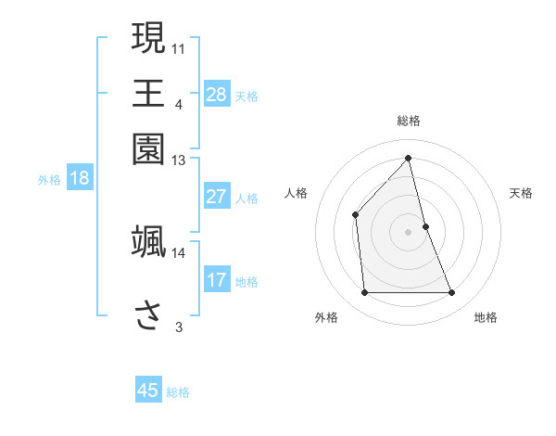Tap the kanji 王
[148, 94]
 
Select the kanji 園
[148, 149]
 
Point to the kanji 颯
[148, 241]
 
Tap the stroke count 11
[179, 47]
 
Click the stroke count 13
[179, 160]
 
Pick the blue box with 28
[217, 94]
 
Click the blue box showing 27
[217, 197]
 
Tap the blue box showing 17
[217, 280]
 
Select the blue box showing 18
[80, 179]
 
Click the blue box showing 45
[148, 391]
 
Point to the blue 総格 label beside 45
[179, 392]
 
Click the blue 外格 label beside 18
[49, 180]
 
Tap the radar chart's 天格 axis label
[522, 193]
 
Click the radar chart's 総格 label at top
[409, 121]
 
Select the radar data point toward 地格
[452, 293]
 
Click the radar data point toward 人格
[355, 215]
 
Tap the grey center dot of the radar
[409, 232]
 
